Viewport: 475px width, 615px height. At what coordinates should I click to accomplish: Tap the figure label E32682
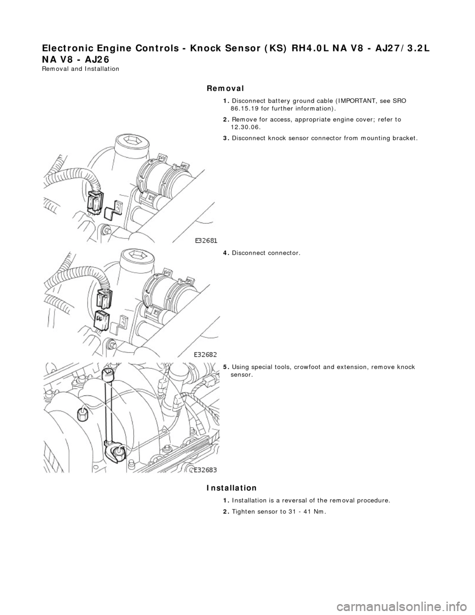click(206, 355)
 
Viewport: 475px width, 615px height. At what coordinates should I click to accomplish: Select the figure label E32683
click(206, 469)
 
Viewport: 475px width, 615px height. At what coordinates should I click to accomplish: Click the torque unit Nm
click(320, 512)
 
